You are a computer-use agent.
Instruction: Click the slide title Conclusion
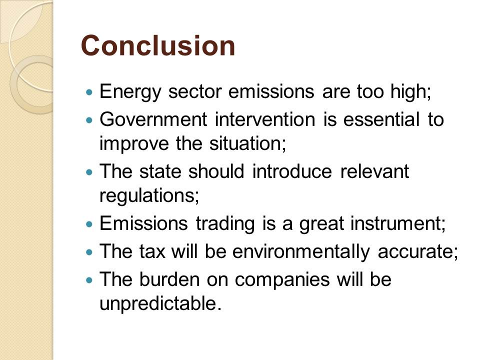[x=158, y=45]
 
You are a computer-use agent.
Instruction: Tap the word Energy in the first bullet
[x=130, y=92]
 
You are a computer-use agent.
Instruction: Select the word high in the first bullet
[x=410, y=91]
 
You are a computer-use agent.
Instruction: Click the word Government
[x=153, y=119]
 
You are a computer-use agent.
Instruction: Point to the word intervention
[x=265, y=119]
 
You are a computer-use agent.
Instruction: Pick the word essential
[x=381, y=119]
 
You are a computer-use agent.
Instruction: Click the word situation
[x=247, y=143]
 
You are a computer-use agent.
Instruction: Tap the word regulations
[x=149, y=196]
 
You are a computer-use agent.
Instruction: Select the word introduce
[x=292, y=171]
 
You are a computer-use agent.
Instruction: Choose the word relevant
[x=374, y=171]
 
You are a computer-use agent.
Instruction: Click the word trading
[x=225, y=224]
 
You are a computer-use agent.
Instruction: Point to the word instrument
[x=398, y=223]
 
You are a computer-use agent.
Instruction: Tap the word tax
[x=152, y=251]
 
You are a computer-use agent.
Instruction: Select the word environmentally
[x=301, y=252]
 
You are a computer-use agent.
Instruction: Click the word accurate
[x=418, y=252]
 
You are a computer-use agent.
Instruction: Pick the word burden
[x=169, y=279]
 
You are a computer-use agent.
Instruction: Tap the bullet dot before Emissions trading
[x=89, y=224]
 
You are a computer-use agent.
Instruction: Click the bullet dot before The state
[x=89, y=172]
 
